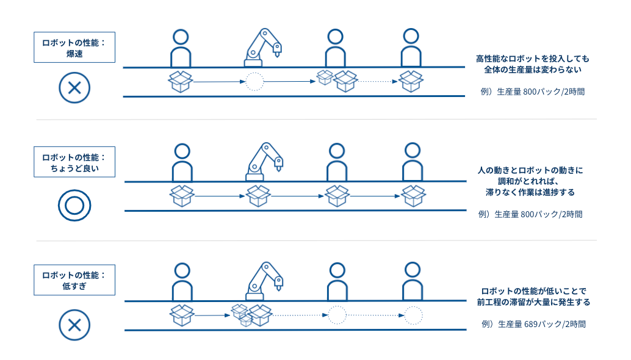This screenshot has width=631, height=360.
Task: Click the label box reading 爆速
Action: click(x=74, y=48)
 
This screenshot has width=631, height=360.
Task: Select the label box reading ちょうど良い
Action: click(x=74, y=162)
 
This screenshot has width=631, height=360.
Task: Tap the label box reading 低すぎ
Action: click(x=74, y=280)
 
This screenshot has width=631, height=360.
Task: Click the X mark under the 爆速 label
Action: click(x=74, y=87)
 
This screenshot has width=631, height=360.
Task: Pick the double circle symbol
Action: click(x=74, y=204)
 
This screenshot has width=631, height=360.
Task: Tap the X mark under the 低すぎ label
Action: click(x=74, y=323)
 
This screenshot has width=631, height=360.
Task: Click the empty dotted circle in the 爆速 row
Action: click(x=254, y=81)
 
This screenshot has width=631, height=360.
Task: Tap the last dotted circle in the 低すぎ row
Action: click(x=413, y=315)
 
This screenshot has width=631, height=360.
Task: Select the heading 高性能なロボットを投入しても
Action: click(x=533, y=59)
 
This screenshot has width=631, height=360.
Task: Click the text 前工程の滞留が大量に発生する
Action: click(x=533, y=302)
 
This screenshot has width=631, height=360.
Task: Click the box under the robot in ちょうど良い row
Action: click(x=258, y=196)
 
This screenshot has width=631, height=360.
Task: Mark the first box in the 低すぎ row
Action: click(x=181, y=315)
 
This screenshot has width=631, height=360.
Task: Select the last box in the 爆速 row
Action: click(x=411, y=81)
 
